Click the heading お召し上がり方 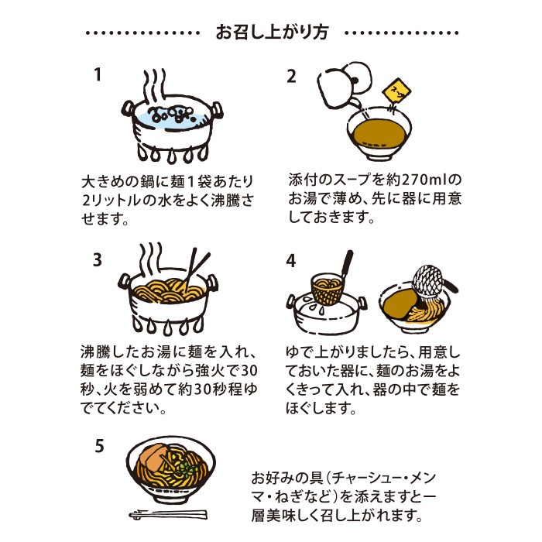point(271,33)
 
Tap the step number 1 point(98,75)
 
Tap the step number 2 point(292,76)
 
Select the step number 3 point(98,261)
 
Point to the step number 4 point(292,261)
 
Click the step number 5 point(98,447)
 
